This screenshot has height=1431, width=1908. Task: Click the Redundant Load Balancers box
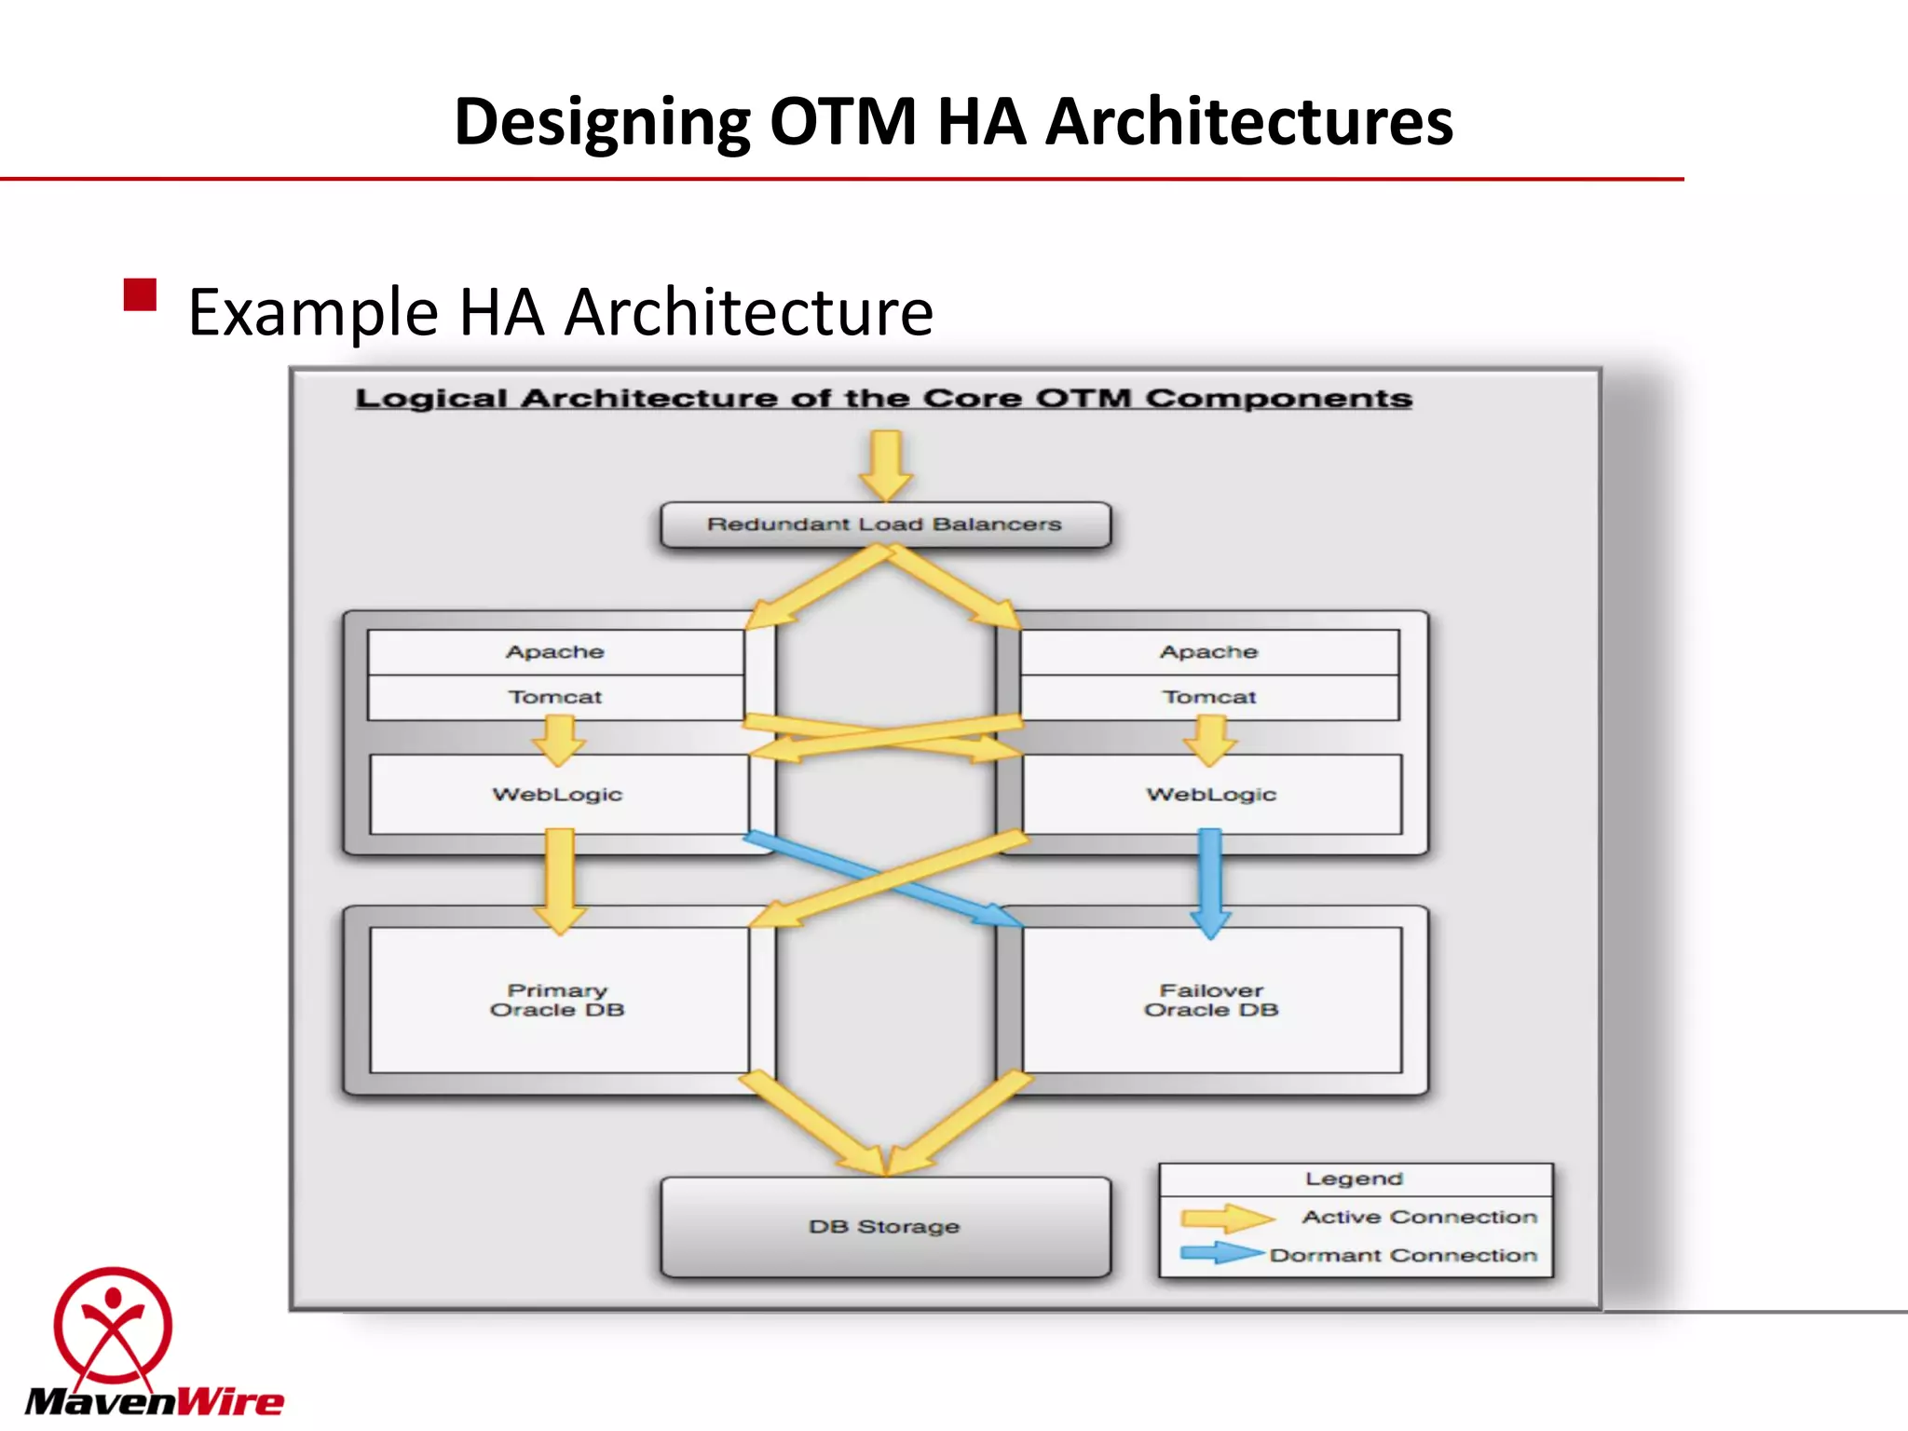pos(885,525)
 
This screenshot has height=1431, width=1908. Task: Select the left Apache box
pos(555,652)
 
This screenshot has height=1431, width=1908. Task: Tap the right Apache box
pos(1209,652)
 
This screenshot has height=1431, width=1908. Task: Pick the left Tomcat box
pos(555,697)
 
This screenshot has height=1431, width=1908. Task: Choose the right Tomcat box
pos(1209,697)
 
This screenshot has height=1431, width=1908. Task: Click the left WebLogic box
pos(558,795)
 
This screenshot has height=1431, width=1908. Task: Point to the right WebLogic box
pos(1211,795)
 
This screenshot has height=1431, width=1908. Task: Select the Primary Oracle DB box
pos(558,1000)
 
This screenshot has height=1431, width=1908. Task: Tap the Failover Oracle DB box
pos(1211,1000)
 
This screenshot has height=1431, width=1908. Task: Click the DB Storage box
pos(885,1227)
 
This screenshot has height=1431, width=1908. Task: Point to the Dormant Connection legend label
pos(1403,1256)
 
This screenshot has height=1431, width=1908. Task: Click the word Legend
pos(1354,1179)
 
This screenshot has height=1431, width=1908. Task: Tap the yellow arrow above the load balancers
pos(885,465)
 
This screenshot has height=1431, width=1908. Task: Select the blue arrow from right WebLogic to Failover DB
pos(1210,880)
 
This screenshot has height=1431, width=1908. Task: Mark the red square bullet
pos(140,295)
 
